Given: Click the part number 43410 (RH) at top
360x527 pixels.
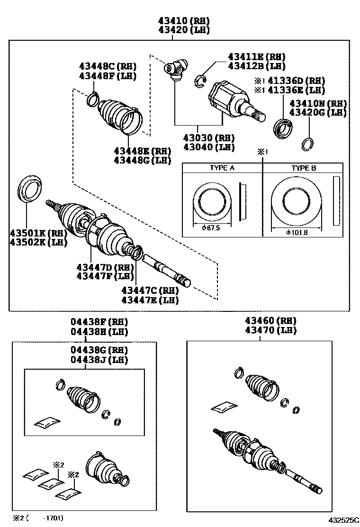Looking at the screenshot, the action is [184, 21].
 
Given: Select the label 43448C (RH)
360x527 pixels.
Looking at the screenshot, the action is [108, 66].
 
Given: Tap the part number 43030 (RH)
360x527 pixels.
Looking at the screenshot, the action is [208, 138].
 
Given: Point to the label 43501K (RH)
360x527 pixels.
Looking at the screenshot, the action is [39, 233].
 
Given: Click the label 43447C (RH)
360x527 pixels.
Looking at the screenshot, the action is [150, 291].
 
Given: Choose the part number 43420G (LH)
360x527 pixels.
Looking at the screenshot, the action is [318, 113].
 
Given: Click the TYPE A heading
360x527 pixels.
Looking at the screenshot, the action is [222, 168].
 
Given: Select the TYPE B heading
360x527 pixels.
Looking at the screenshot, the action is [304, 168].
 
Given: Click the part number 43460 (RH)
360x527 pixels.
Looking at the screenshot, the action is [270, 321].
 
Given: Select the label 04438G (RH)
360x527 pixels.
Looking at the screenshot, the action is [99, 350].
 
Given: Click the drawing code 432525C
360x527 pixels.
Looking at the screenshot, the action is [343, 520].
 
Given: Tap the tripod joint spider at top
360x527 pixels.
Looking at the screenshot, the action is [176, 69].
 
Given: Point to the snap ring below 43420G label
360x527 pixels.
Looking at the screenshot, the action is [307, 145].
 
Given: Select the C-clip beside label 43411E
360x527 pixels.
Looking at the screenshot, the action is [200, 81].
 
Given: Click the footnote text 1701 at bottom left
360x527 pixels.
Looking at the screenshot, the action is [54, 518].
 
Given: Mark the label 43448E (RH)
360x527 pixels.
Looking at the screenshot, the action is [143, 151].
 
